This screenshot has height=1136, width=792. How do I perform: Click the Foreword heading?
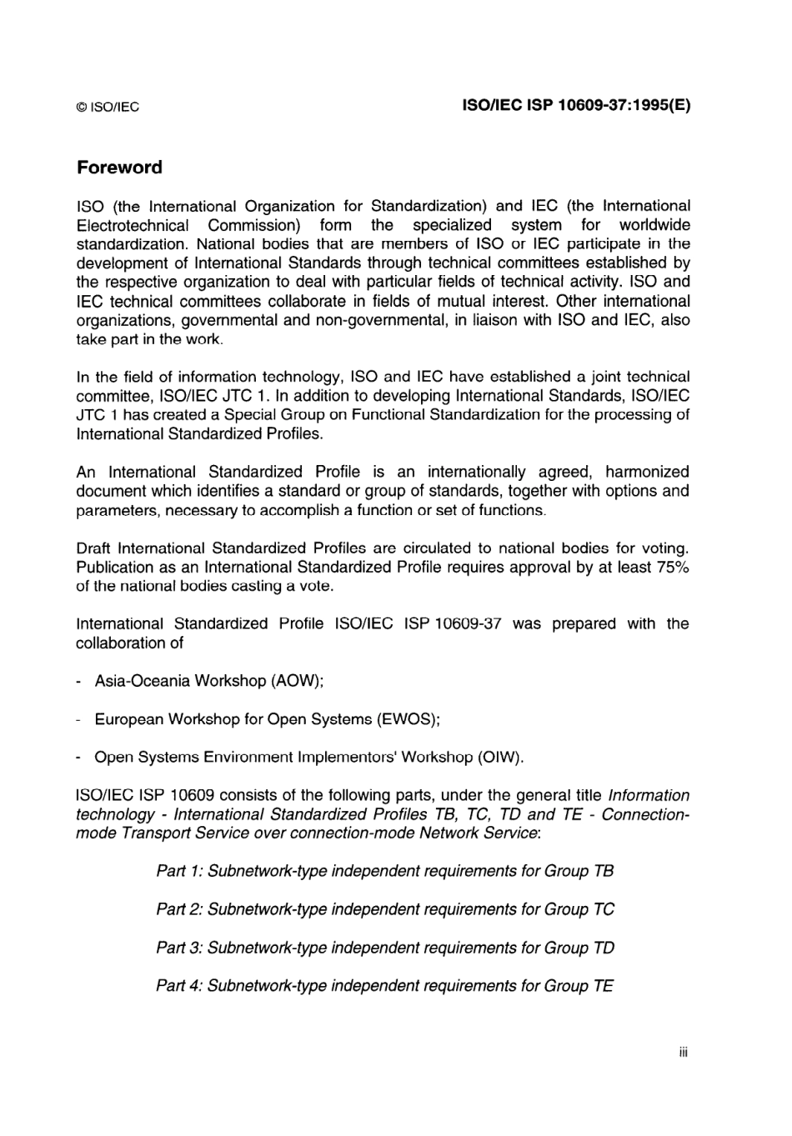click(119, 168)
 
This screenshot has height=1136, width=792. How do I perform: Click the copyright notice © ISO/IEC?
click(108, 108)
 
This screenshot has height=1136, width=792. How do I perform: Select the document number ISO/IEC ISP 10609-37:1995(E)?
click(576, 106)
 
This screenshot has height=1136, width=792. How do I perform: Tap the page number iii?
click(683, 1053)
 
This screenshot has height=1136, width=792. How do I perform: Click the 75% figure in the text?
click(671, 568)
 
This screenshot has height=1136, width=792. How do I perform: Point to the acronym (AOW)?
click(296, 681)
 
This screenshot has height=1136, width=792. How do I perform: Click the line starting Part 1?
click(384, 871)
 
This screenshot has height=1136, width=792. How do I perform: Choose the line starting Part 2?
click(384, 909)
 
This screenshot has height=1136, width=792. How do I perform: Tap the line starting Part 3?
click(384, 948)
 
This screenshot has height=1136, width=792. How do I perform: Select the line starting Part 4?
click(384, 986)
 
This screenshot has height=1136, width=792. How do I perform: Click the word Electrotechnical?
click(132, 225)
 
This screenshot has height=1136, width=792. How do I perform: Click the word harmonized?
click(647, 473)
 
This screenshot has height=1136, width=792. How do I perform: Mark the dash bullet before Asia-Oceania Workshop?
click(78, 682)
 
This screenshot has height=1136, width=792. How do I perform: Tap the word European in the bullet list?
click(128, 719)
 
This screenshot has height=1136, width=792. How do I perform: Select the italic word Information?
click(649, 795)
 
